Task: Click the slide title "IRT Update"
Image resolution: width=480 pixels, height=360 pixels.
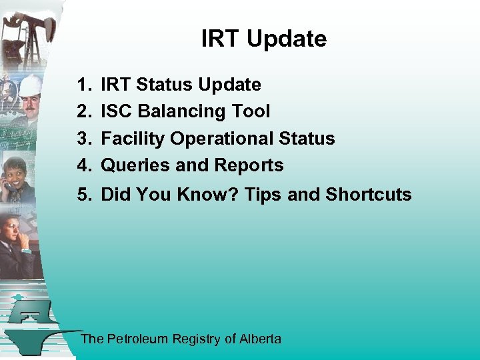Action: (x=264, y=39)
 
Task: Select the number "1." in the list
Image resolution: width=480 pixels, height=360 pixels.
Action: (x=84, y=85)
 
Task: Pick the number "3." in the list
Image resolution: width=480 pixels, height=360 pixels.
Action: (x=84, y=139)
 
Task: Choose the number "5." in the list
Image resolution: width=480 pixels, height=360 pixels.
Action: (x=84, y=195)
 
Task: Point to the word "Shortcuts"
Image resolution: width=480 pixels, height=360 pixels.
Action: (x=369, y=195)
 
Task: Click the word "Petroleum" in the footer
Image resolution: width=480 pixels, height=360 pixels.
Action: (x=138, y=339)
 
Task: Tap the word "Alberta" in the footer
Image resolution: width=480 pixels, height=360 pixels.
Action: (x=261, y=339)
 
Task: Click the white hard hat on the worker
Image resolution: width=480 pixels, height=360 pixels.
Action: (x=30, y=85)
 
